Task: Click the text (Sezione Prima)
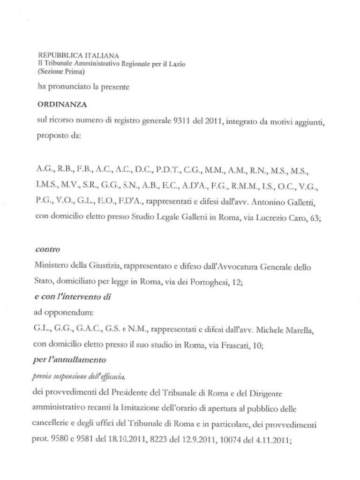pyautogui.click(x=61, y=73)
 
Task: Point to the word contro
pyautogui.click(x=47, y=250)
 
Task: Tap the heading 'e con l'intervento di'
pyautogui.click(x=73, y=297)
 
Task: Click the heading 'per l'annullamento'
pyautogui.click(x=71, y=360)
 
